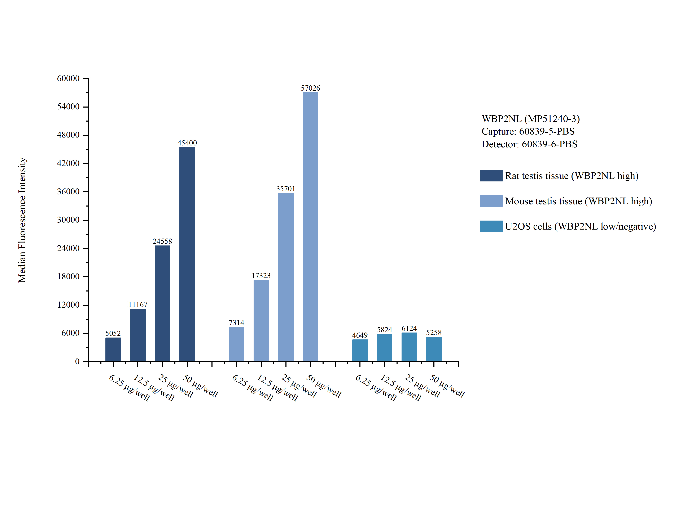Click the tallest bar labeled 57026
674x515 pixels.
point(310,227)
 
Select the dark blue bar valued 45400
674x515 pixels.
point(187,254)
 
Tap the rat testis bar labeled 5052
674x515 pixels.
point(113,349)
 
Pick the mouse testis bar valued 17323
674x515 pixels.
point(261,321)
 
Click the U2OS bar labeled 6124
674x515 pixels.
point(409,347)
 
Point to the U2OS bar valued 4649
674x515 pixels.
point(360,350)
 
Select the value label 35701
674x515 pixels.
point(285,189)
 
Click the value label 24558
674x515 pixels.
point(162,241)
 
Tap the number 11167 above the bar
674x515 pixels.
point(138,305)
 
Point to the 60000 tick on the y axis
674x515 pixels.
point(68,78)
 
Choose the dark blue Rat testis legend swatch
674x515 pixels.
point(491,176)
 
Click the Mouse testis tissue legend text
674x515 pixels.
point(578,201)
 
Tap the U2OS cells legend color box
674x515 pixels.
point(491,226)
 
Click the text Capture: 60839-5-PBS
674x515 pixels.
point(528,131)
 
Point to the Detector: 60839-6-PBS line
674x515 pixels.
point(529,144)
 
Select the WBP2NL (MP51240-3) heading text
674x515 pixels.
point(530,119)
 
